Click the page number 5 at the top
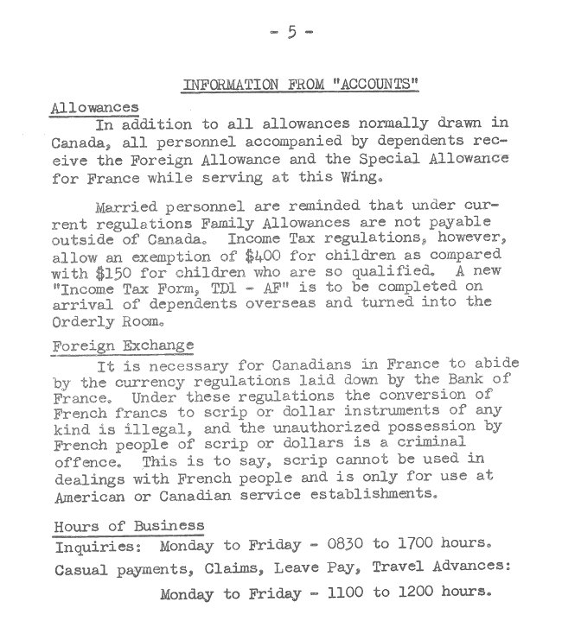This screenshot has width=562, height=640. pos(291,32)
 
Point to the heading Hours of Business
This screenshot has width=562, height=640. pos(130,525)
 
